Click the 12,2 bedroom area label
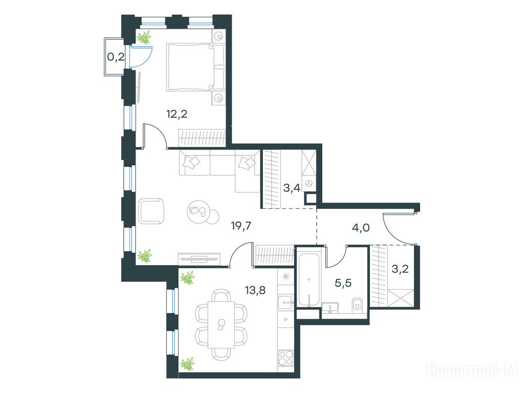[x=177, y=114]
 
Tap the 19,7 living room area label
[x=242, y=226]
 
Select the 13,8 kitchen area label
[x=255, y=290]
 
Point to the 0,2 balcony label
[x=116, y=57]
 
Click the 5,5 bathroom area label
[x=343, y=283]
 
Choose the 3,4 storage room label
[x=292, y=188]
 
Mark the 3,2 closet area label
[x=400, y=269]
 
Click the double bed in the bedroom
[x=195, y=67]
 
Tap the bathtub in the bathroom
[x=309, y=280]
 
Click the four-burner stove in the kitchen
[x=285, y=359]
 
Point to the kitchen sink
[x=285, y=303]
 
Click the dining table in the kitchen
[x=221, y=324]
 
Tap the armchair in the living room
[x=151, y=211]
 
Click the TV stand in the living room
[x=199, y=258]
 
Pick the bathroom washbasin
[x=330, y=307]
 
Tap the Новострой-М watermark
[x=471, y=370]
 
